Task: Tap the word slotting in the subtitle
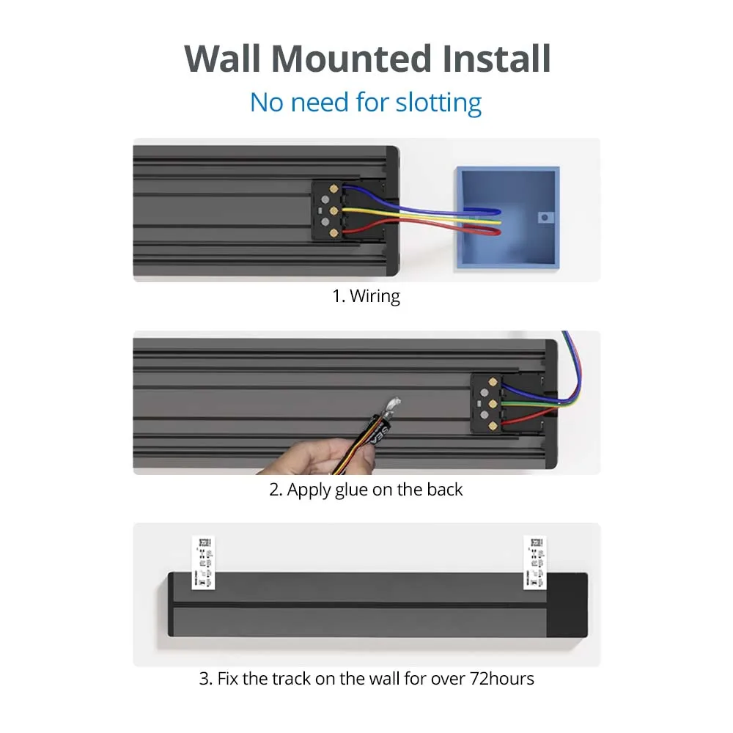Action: [x=438, y=103]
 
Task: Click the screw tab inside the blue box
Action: [x=543, y=217]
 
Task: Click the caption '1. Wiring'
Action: [x=366, y=296]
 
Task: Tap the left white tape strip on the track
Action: [x=204, y=561]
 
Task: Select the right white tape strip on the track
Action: [x=534, y=561]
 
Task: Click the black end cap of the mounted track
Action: [x=570, y=604]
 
